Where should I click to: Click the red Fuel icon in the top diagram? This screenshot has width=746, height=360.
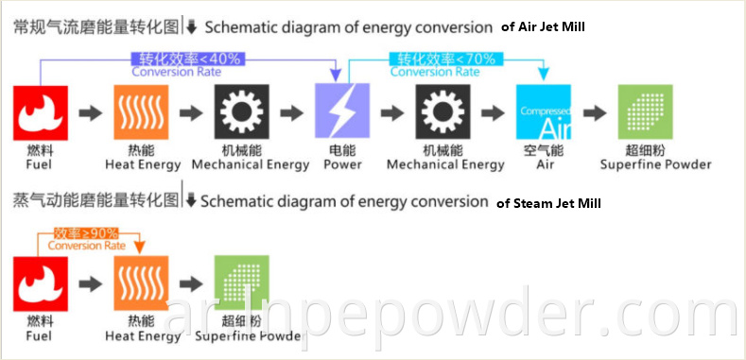[41, 112]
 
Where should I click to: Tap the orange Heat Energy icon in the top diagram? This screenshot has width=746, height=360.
[142, 112]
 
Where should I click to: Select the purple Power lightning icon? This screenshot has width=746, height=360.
[341, 112]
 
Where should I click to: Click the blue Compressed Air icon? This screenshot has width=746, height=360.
[544, 112]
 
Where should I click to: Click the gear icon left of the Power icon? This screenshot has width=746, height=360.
[243, 112]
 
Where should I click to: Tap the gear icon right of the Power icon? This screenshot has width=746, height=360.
[443, 112]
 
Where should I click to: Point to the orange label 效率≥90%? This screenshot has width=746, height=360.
[87, 232]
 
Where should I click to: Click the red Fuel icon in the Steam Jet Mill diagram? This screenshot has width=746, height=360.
[41, 283]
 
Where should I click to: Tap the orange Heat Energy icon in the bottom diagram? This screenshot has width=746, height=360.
[142, 283]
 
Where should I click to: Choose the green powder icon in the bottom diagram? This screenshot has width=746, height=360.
[243, 283]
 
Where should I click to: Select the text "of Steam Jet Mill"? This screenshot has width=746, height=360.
[548, 202]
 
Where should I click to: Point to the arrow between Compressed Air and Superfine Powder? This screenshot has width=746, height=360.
[594, 113]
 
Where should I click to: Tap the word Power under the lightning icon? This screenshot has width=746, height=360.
[342, 164]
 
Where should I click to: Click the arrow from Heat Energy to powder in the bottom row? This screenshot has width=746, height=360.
[192, 283]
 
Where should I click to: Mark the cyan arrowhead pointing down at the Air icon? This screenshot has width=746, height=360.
[544, 74]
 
